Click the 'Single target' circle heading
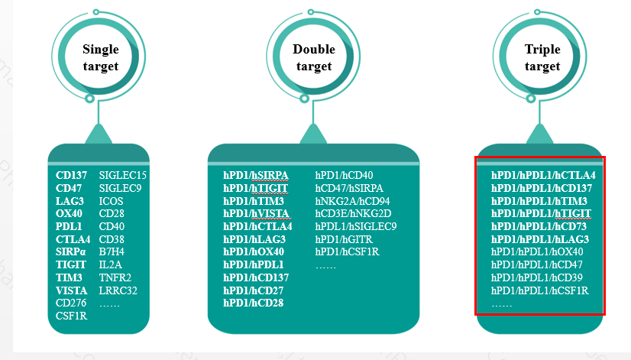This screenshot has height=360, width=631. (100, 58)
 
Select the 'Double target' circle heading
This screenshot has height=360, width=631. (314, 58)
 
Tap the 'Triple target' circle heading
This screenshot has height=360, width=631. (542, 58)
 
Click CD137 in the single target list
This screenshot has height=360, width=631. (71, 175)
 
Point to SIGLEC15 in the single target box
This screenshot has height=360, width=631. (123, 175)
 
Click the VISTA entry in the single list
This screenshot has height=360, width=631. (71, 290)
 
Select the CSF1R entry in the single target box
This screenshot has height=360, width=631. (73, 315)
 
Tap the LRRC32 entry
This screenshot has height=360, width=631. (118, 290)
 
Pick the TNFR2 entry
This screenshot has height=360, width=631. (115, 277)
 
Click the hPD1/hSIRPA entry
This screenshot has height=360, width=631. (256, 175)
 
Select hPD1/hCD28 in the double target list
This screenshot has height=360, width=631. (254, 303)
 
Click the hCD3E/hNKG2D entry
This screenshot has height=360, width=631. (353, 213)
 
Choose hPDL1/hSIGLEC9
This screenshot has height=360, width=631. (356, 226)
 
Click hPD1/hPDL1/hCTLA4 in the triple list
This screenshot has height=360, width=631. (543, 175)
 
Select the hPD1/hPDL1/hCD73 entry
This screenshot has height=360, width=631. (540, 226)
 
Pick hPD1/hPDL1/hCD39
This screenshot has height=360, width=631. (539, 277)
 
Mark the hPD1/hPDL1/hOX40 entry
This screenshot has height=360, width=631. (537, 251)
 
